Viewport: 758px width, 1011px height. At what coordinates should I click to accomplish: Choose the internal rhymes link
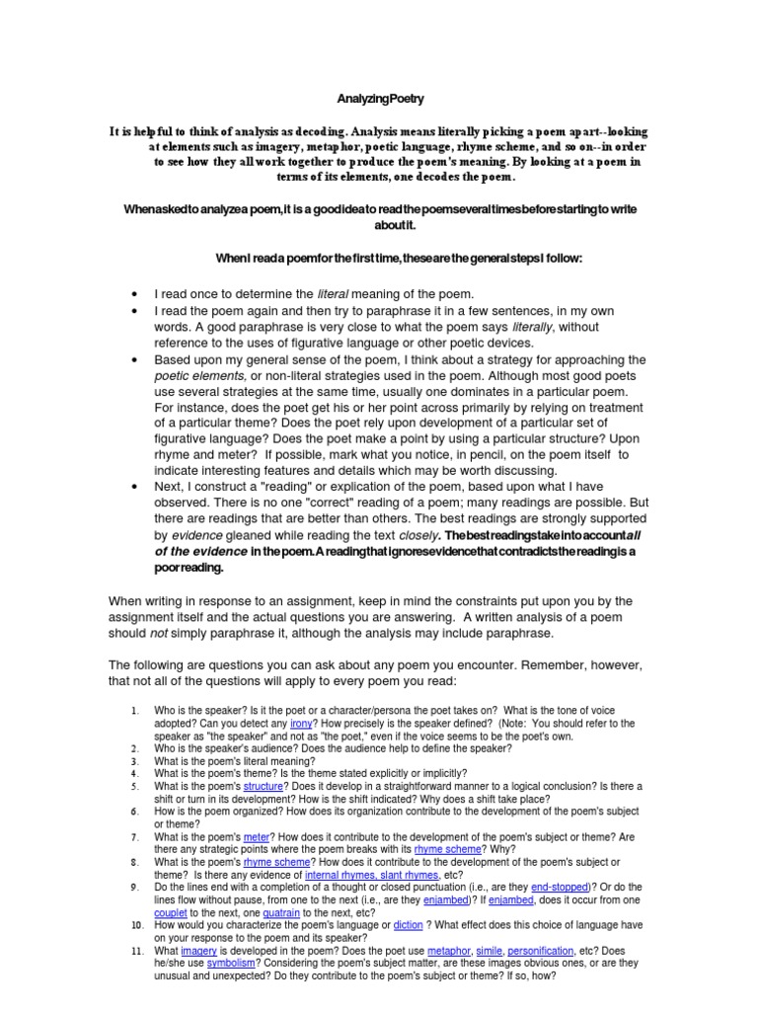339,874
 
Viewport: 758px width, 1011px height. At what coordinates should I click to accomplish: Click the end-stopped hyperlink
560,886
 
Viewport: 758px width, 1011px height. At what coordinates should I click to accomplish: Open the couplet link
171,912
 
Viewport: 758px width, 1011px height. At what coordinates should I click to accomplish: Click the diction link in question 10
408,924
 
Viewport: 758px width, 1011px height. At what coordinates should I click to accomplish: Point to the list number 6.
135,811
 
